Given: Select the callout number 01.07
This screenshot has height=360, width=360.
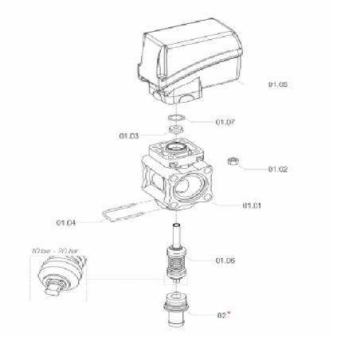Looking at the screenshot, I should coord(226,123).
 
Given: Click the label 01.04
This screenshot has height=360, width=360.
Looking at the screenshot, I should coord(66,221).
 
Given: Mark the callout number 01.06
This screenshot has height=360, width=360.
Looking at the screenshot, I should coord(225,260).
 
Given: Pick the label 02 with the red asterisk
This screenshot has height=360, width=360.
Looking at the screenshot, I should coord(222,315).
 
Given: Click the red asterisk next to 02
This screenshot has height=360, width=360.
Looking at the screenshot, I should coord(230,313).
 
